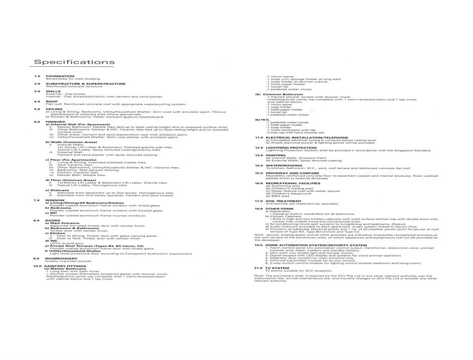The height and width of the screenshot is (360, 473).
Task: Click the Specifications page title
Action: (x=74, y=62)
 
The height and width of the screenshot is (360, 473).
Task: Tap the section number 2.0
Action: (x=37, y=84)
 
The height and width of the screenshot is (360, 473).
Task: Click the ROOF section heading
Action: (x=52, y=101)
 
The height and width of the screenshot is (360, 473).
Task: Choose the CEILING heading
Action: (x=54, y=109)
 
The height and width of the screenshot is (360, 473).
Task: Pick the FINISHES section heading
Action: (x=55, y=122)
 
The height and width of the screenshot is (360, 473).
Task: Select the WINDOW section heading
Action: (x=55, y=200)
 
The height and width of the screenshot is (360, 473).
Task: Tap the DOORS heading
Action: (x=53, y=220)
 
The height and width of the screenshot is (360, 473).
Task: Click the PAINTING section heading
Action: (x=275, y=155)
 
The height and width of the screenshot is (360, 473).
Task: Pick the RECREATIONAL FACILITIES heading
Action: (x=292, y=183)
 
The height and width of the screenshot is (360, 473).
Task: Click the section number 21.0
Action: (x=258, y=268)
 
